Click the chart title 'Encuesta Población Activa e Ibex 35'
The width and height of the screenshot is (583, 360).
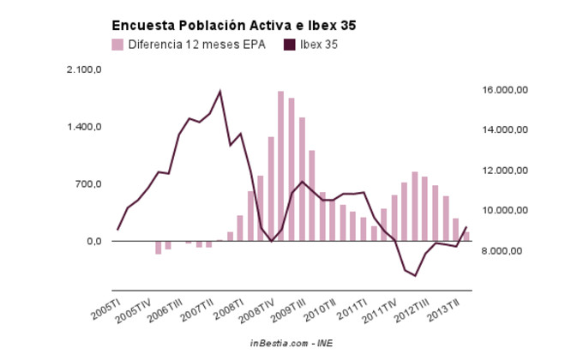[x=233, y=26]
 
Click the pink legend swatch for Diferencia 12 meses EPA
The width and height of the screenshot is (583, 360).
[x=117, y=45]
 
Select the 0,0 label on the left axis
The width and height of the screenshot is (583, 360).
[x=93, y=241]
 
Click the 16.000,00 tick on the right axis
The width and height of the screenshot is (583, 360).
[x=504, y=90]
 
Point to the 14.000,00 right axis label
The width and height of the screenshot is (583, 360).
[x=504, y=130]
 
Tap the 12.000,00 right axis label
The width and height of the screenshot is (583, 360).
[x=504, y=171]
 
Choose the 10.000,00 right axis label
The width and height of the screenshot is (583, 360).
[x=504, y=211]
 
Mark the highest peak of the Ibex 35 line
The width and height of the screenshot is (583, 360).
[x=220, y=91]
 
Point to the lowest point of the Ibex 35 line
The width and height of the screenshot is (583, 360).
[x=415, y=275]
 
